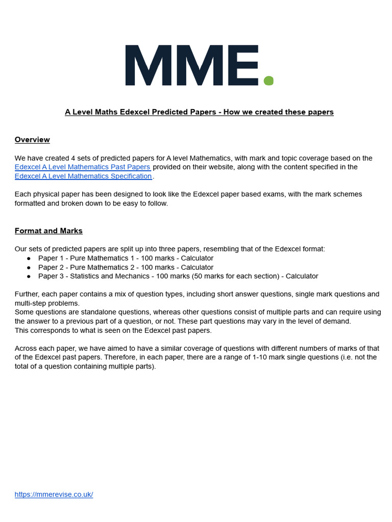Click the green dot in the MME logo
coord(268,81)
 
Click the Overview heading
coord(32,140)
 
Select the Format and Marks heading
coord(48,231)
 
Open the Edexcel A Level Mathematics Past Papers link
coord(83,167)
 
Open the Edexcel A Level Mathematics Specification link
coord(83,176)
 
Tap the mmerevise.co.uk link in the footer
coord(54,494)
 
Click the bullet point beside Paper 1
coord(29,258)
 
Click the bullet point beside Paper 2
coord(29,268)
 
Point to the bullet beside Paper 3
coord(29,276)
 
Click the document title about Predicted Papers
coord(199,112)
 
